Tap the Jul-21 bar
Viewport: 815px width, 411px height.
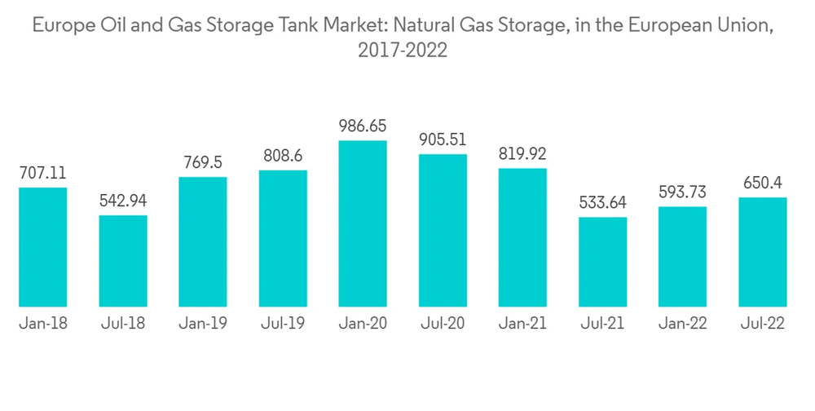tap(603, 262)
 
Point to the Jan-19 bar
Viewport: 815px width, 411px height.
tap(203, 241)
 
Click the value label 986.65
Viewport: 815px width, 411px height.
tap(363, 126)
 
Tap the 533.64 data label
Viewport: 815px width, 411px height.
tap(603, 203)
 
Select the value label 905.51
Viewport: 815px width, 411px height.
tap(443, 139)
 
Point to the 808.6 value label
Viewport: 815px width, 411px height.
tap(283, 156)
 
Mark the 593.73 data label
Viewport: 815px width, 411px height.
tap(683, 193)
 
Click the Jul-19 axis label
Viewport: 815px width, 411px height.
tap(283, 324)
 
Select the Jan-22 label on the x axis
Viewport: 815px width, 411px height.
tap(683, 324)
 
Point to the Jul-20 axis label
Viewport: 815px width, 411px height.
tap(443, 324)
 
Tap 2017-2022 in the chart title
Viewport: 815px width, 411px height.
tap(403, 51)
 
